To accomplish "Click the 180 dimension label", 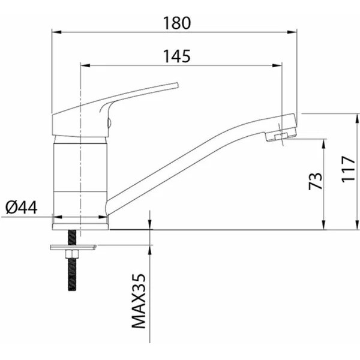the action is [177, 23].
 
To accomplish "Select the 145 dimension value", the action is [177, 56].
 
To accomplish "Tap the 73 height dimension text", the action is [315, 181].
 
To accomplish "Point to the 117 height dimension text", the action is [349, 169].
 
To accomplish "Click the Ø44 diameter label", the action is [22, 208].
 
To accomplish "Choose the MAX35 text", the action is [139, 301].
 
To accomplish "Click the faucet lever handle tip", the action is [177, 85].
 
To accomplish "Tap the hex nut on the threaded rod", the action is [72, 254].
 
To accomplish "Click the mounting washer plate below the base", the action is [73, 247].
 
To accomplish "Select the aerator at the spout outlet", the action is [280, 137].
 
